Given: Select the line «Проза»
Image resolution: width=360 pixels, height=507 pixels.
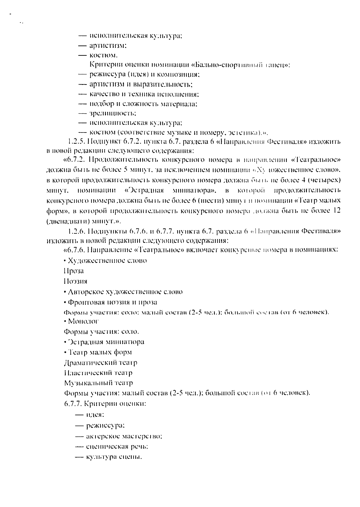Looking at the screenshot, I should pyautogui.click(x=74, y=271).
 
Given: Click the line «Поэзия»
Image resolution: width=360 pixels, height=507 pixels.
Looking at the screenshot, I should pyautogui.click(x=75, y=281).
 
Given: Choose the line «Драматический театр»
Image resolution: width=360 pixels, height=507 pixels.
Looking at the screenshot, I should pyautogui.click(x=101, y=362).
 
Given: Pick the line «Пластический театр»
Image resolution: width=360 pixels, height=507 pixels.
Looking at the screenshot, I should pyautogui.click(x=98, y=373).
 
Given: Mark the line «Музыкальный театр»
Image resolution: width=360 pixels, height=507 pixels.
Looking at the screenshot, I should pyautogui.click(x=98, y=383).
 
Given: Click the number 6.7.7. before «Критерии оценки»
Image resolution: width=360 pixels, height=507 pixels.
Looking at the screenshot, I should pyautogui.click(x=73, y=404).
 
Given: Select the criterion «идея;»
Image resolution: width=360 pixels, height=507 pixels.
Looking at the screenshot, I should pyautogui.click(x=95, y=415).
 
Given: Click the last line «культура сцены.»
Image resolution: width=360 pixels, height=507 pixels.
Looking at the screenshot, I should pyautogui.click(x=114, y=457).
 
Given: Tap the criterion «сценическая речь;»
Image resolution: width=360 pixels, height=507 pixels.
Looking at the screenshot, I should pyautogui.click(x=117, y=446).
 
